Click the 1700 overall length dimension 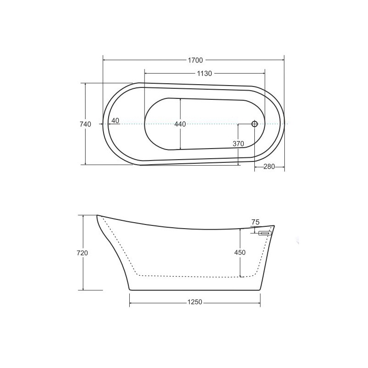[195, 60]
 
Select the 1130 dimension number [204, 74]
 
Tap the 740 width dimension [85, 124]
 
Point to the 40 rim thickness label [115, 121]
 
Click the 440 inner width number [180, 124]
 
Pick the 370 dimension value [238, 144]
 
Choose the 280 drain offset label [269, 167]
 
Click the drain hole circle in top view [255, 124]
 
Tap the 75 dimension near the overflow [255, 222]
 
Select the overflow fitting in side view [265, 233]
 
